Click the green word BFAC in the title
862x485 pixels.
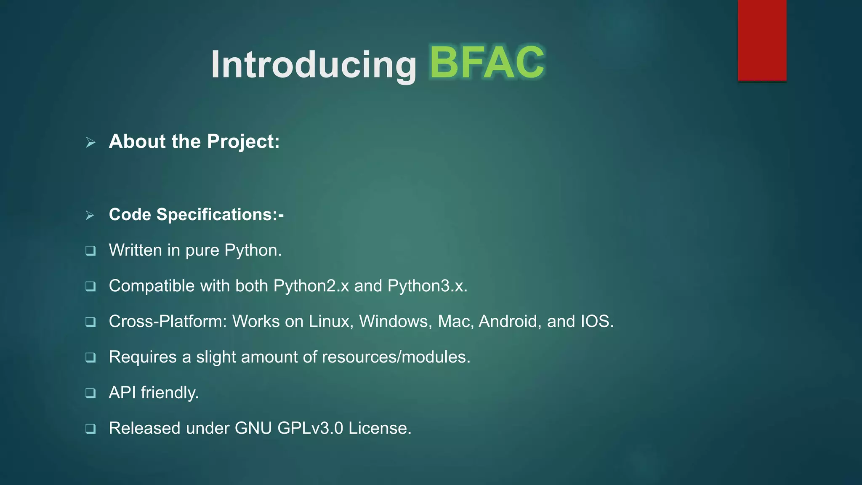click(487, 63)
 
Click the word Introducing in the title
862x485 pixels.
click(314, 64)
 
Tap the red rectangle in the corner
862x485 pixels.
click(762, 40)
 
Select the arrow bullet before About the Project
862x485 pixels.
click(90, 142)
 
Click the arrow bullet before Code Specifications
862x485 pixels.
click(90, 216)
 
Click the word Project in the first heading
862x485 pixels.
click(243, 142)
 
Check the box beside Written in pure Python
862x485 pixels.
click(90, 251)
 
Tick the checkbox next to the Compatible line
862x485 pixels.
click(90, 287)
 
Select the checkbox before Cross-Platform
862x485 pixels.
click(90, 322)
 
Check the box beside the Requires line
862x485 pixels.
click(90, 358)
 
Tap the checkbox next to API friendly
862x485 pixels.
click(90, 393)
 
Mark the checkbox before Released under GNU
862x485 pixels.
click(90, 429)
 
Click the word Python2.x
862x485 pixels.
click(311, 286)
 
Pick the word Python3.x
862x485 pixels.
click(427, 286)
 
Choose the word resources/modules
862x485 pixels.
click(396, 357)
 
